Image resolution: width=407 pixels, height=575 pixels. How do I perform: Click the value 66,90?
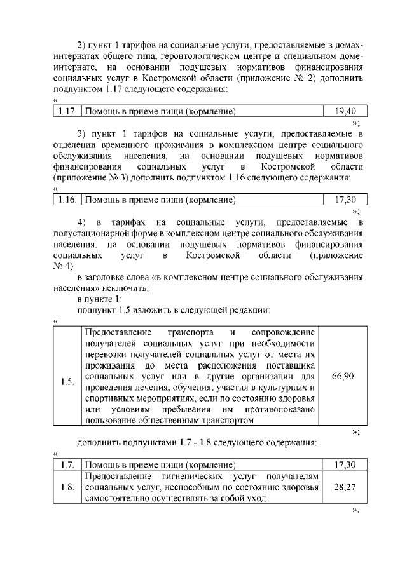click(343, 376)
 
